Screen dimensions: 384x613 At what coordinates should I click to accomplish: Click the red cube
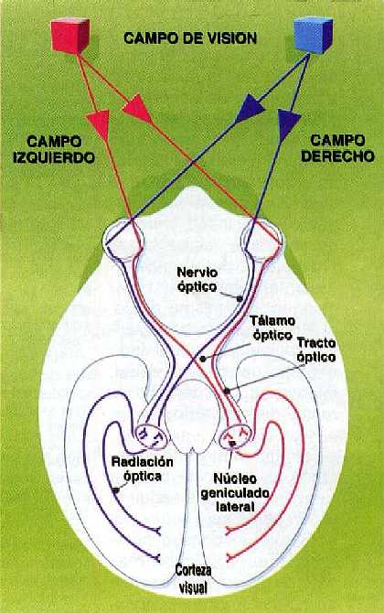70,36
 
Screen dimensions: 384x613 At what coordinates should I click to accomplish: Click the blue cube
313,35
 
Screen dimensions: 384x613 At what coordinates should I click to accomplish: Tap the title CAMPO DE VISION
190,38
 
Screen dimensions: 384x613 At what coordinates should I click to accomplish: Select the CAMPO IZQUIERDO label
54,149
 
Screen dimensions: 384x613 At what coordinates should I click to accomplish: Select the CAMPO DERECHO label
338,148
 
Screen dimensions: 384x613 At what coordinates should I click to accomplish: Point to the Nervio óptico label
197,279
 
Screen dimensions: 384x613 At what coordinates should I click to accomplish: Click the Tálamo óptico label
272,328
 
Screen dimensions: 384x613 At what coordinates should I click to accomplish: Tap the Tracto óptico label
316,350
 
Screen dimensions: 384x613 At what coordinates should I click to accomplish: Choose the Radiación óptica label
143,468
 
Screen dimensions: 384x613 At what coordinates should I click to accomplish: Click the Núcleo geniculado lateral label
235,492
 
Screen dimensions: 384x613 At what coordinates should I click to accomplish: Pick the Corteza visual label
193,578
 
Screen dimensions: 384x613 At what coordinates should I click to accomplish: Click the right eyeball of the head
262,239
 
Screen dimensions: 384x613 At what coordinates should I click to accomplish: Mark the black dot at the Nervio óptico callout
239,299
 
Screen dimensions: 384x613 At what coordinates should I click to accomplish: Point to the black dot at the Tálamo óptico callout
202,359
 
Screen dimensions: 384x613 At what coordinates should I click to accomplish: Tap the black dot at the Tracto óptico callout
226,390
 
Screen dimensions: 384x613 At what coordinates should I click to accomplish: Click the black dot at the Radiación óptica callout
115,489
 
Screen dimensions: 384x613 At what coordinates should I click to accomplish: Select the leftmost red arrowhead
98,124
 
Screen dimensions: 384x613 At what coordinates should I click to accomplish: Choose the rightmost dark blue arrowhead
288,124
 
